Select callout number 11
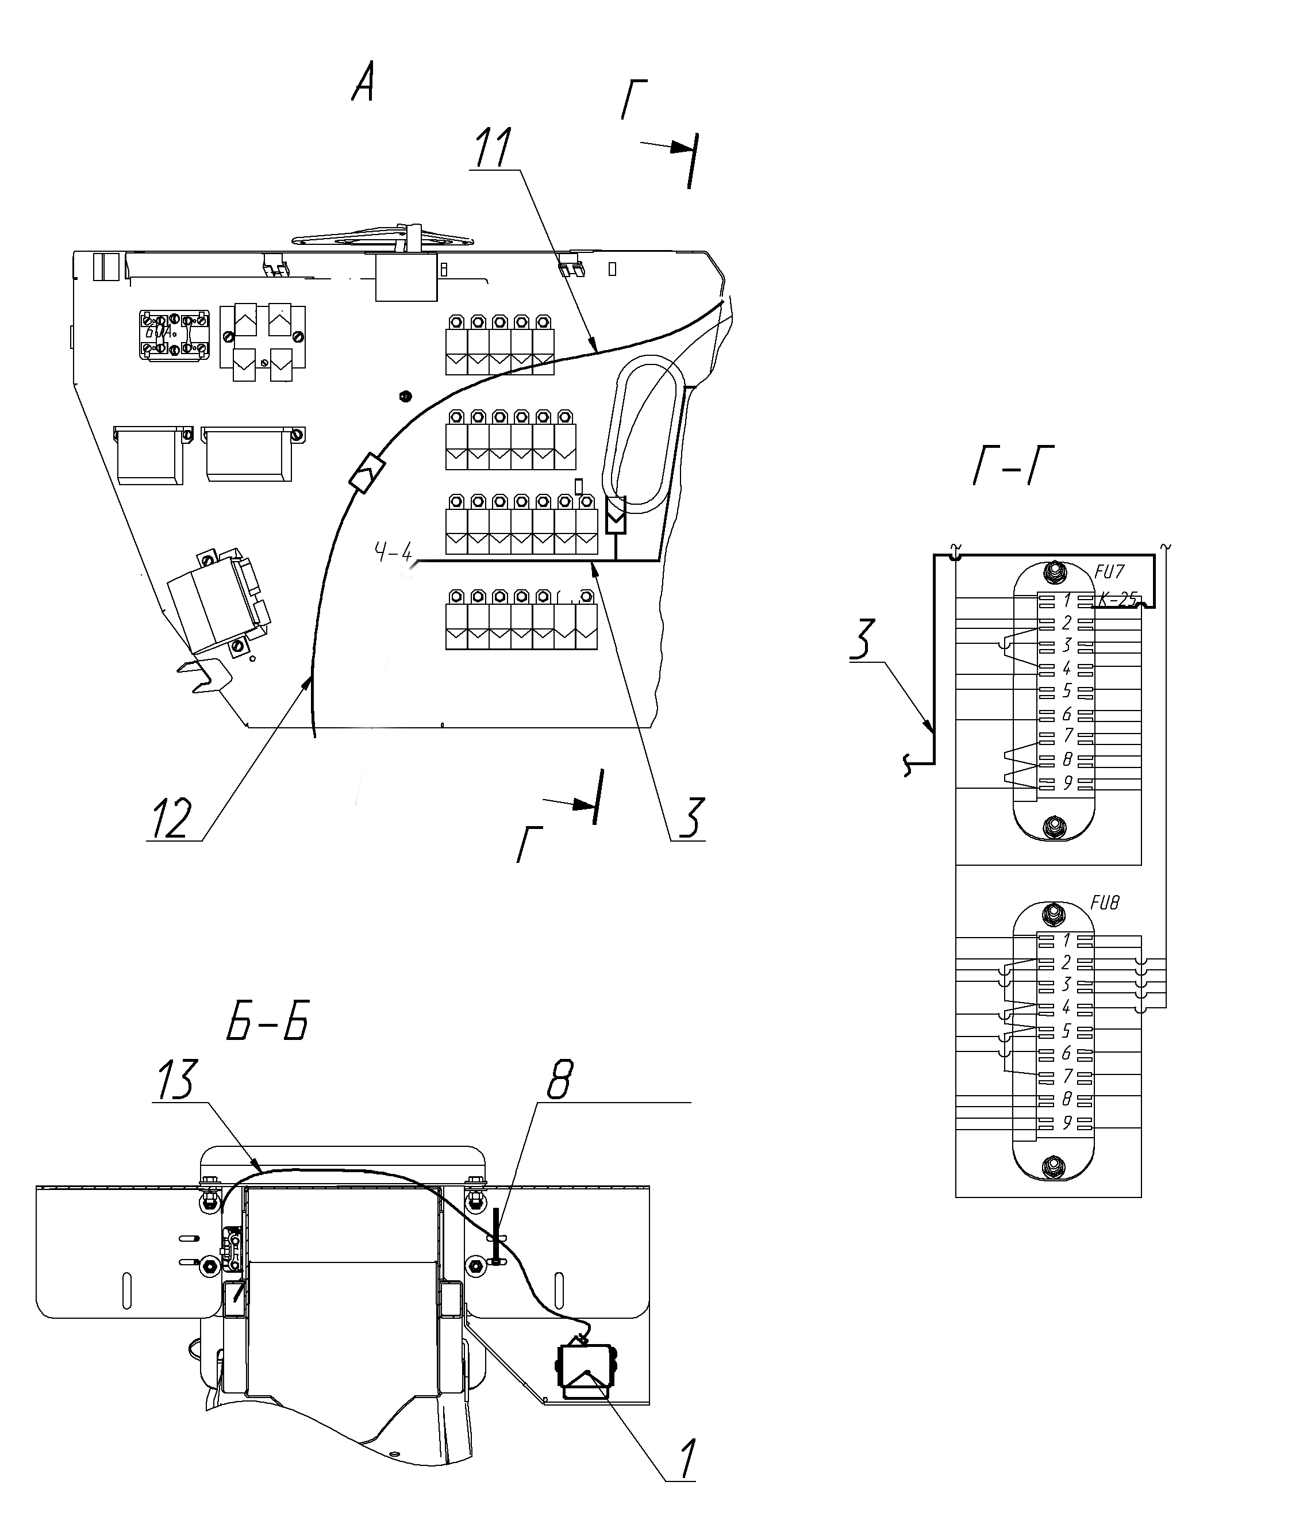pyautogui.click(x=494, y=147)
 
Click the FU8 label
pyautogui.click(x=1105, y=903)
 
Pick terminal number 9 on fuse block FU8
pyautogui.click(x=1067, y=1124)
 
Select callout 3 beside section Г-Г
pyautogui.click(x=863, y=639)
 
